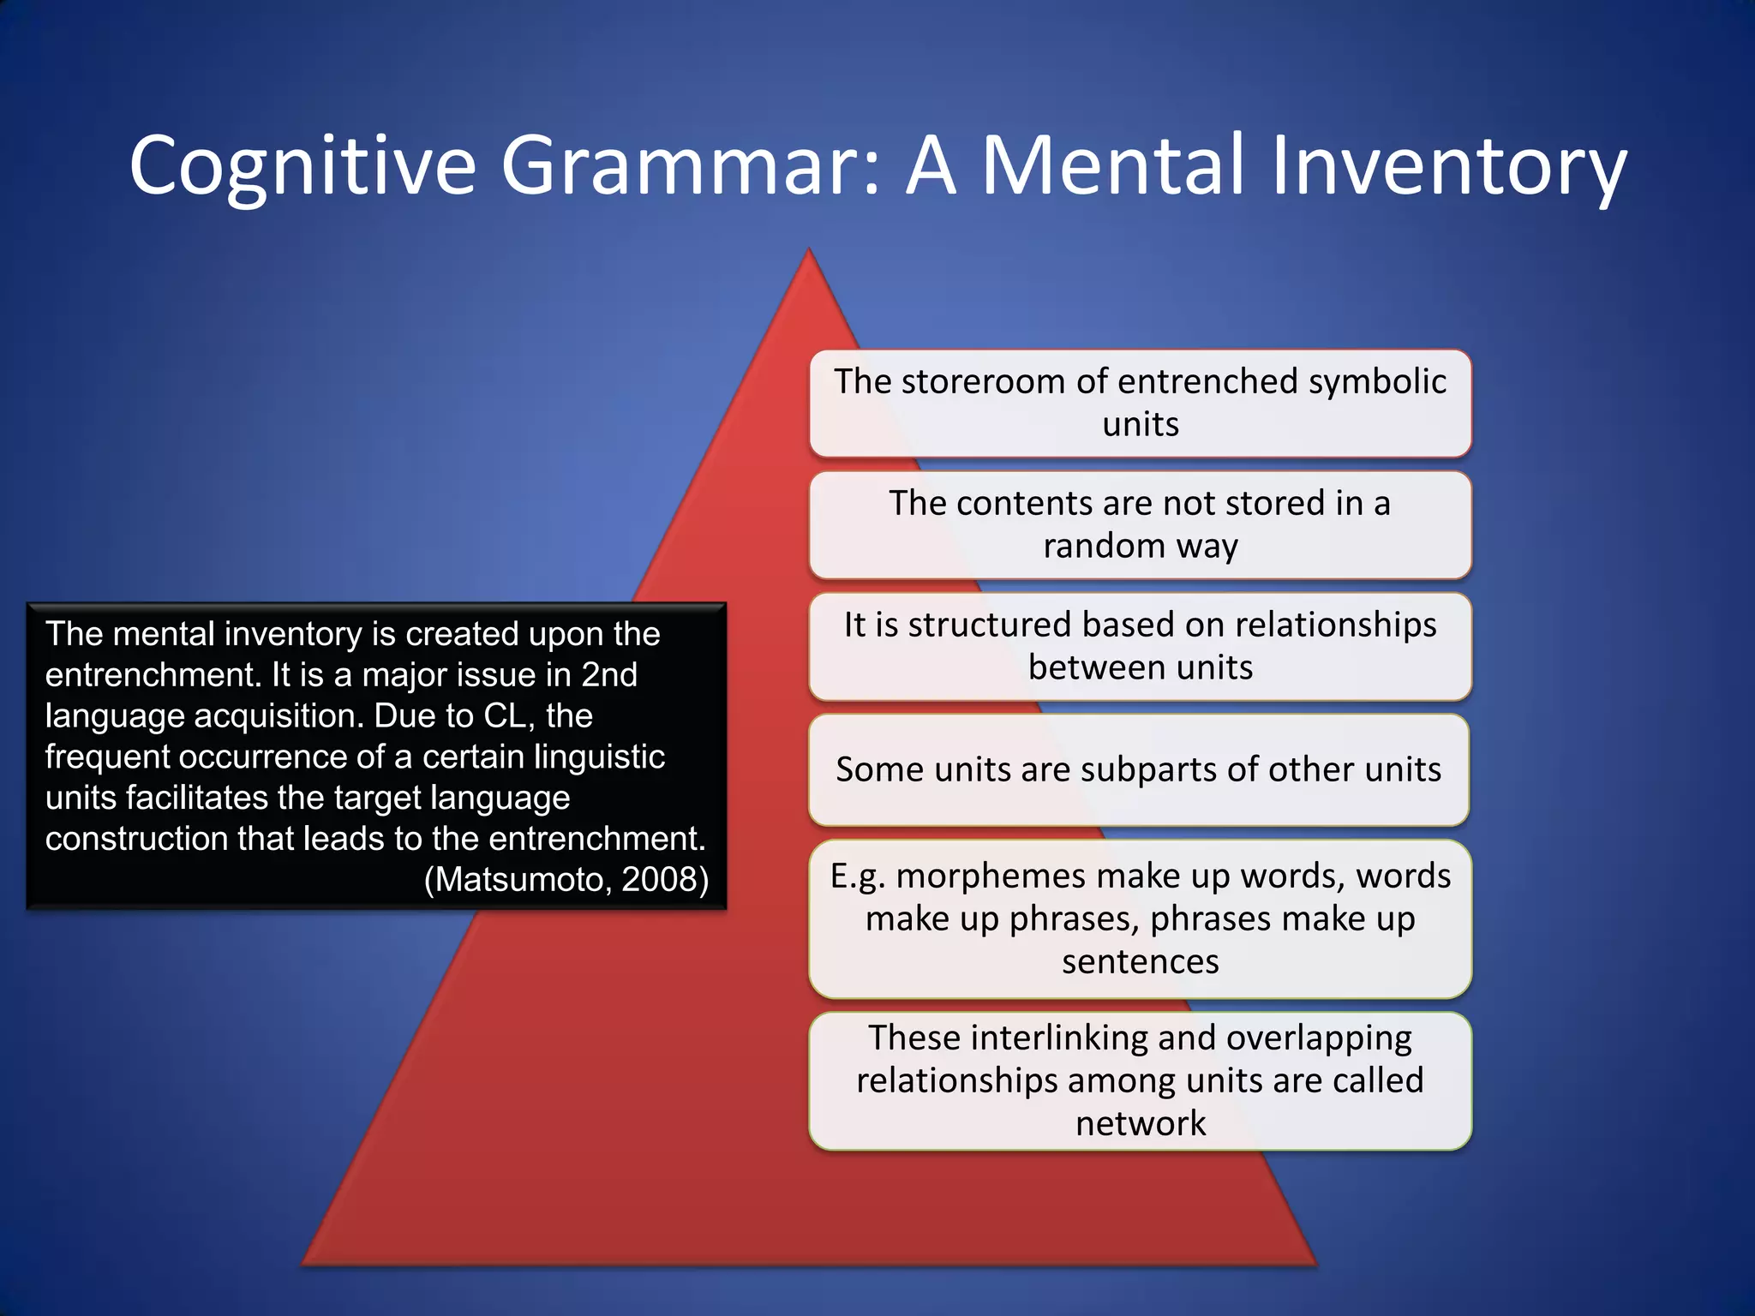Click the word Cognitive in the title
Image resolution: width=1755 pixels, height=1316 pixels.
[x=302, y=166]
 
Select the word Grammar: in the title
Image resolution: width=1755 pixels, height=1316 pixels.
[x=691, y=166]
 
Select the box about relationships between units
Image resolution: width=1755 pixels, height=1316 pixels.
[x=1140, y=646]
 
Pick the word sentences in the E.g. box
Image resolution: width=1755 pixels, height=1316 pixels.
[x=1140, y=961]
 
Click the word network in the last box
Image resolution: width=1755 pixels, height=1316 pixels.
[x=1140, y=1123]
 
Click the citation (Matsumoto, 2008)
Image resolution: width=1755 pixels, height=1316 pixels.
[x=566, y=879]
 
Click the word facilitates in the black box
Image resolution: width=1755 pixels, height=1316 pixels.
[x=199, y=798]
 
